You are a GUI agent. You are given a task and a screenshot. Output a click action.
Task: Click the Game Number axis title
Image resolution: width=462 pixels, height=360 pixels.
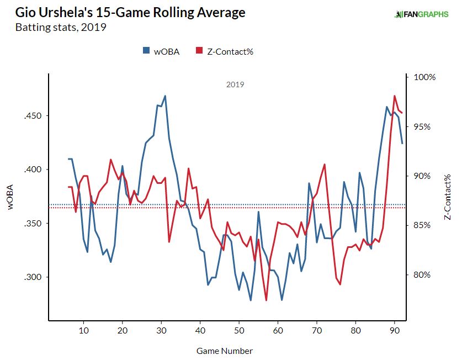click(x=224, y=351)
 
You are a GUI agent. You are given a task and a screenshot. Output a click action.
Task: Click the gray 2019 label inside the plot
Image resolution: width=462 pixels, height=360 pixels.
click(x=235, y=85)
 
